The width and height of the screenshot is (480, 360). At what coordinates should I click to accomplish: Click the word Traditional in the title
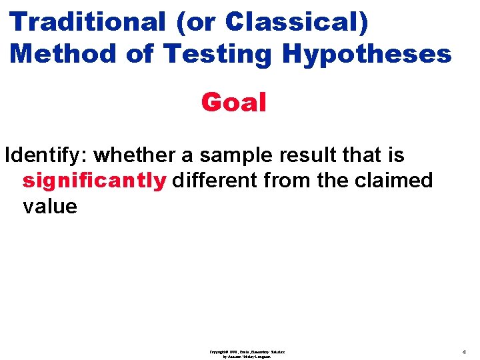point(87,21)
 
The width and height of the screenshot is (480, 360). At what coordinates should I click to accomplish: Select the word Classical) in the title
point(296,21)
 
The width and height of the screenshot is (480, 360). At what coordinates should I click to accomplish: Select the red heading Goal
point(233,103)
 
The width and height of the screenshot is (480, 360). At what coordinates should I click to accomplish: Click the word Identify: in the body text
point(46,155)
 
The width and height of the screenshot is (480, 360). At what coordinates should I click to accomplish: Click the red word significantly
point(94,181)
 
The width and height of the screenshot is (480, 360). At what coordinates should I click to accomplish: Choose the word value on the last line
point(50,206)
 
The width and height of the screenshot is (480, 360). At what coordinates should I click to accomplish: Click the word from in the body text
point(285,180)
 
